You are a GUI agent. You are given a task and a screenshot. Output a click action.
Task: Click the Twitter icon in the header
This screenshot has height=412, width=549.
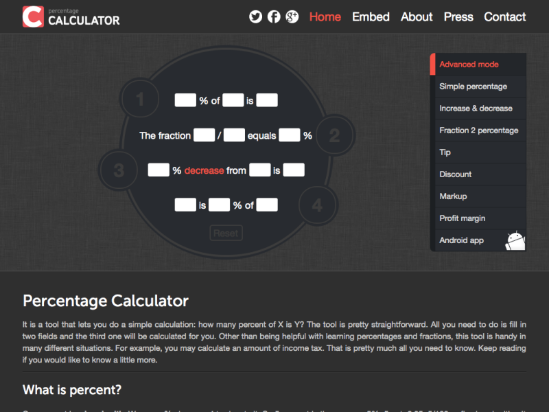tap(256, 16)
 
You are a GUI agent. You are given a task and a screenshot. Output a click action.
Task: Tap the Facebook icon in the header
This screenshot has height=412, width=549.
tap(274, 16)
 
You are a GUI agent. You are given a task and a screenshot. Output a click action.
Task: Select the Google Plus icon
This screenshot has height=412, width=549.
tap(292, 16)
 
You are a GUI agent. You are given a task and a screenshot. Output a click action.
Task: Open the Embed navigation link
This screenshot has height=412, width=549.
tap(371, 16)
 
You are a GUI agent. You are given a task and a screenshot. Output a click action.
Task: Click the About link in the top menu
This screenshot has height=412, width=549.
tap(417, 16)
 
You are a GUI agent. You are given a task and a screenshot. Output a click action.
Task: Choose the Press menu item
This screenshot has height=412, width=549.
tap(458, 16)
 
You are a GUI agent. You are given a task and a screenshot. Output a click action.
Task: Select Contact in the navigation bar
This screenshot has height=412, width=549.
tap(505, 16)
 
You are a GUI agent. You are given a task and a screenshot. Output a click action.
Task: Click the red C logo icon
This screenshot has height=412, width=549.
tap(32, 16)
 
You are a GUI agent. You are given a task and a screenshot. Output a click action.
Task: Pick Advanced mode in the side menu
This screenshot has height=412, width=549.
tap(469, 65)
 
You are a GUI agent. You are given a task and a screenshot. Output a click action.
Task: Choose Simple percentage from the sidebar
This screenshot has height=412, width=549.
tap(473, 87)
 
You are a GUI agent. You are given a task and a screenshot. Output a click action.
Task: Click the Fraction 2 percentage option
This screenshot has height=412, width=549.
tap(478, 130)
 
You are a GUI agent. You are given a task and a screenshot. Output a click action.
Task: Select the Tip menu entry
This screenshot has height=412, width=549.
tap(445, 152)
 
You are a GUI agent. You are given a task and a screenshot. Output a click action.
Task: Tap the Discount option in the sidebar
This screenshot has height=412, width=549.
tap(456, 174)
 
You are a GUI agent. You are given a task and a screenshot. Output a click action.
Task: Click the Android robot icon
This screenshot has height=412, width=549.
tap(515, 240)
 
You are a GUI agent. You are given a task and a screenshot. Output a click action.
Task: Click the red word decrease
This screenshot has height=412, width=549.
tap(204, 170)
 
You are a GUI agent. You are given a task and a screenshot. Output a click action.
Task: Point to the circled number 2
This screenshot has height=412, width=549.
tap(334, 135)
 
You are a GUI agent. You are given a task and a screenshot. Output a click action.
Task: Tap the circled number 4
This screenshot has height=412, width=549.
tap(316, 205)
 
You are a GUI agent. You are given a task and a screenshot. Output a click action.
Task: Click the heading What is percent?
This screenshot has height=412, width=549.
tap(72, 390)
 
